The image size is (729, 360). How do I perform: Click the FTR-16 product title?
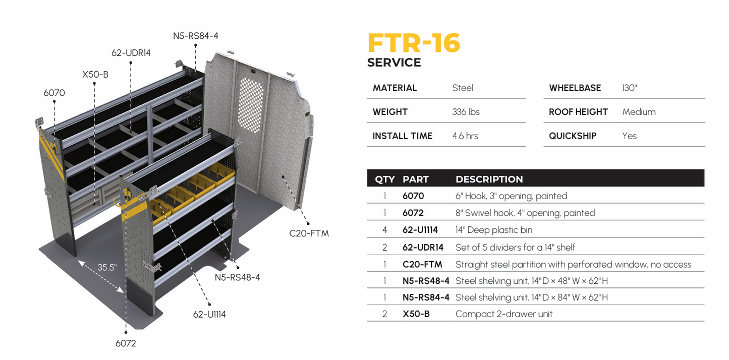pyautogui.click(x=414, y=43)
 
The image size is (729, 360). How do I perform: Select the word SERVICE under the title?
pyautogui.click(x=394, y=63)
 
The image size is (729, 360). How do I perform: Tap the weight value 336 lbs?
pyautogui.click(x=466, y=112)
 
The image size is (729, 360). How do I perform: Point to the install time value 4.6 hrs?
pyautogui.click(x=465, y=136)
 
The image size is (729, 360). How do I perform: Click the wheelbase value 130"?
pyautogui.click(x=630, y=88)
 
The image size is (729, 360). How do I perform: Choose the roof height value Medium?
pyautogui.click(x=639, y=112)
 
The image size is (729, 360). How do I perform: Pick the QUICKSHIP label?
pyautogui.click(x=573, y=136)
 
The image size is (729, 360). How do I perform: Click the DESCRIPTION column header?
pyautogui.click(x=489, y=179)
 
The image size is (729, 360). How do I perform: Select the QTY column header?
pyautogui.click(x=385, y=179)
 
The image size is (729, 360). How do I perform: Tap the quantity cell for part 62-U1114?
pyautogui.click(x=385, y=230)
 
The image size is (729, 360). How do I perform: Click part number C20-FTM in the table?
pyautogui.click(x=422, y=264)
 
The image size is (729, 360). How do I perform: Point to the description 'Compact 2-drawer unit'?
pyautogui.click(x=503, y=314)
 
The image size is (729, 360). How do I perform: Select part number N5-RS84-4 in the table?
pyautogui.click(x=426, y=297)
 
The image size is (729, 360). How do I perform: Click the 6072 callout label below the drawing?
pyautogui.click(x=126, y=343)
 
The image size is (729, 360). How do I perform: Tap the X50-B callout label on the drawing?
pyautogui.click(x=95, y=75)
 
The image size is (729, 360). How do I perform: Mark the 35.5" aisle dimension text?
pyautogui.click(x=107, y=267)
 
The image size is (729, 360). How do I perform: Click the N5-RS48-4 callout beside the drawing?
pyautogui.click(x=237, y=277)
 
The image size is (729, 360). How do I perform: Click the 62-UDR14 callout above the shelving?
pyautogui.click(x=131, y=53)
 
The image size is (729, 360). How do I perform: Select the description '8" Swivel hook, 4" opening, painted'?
pyautogui.click(x=525, y=213)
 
